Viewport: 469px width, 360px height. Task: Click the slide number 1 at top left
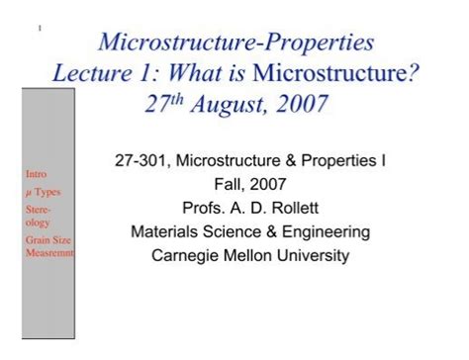click(38, 27)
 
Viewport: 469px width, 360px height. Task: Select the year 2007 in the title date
click(298, 105)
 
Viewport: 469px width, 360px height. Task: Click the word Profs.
click(202, 209)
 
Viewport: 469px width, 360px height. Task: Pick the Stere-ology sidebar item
click(38, 216)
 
